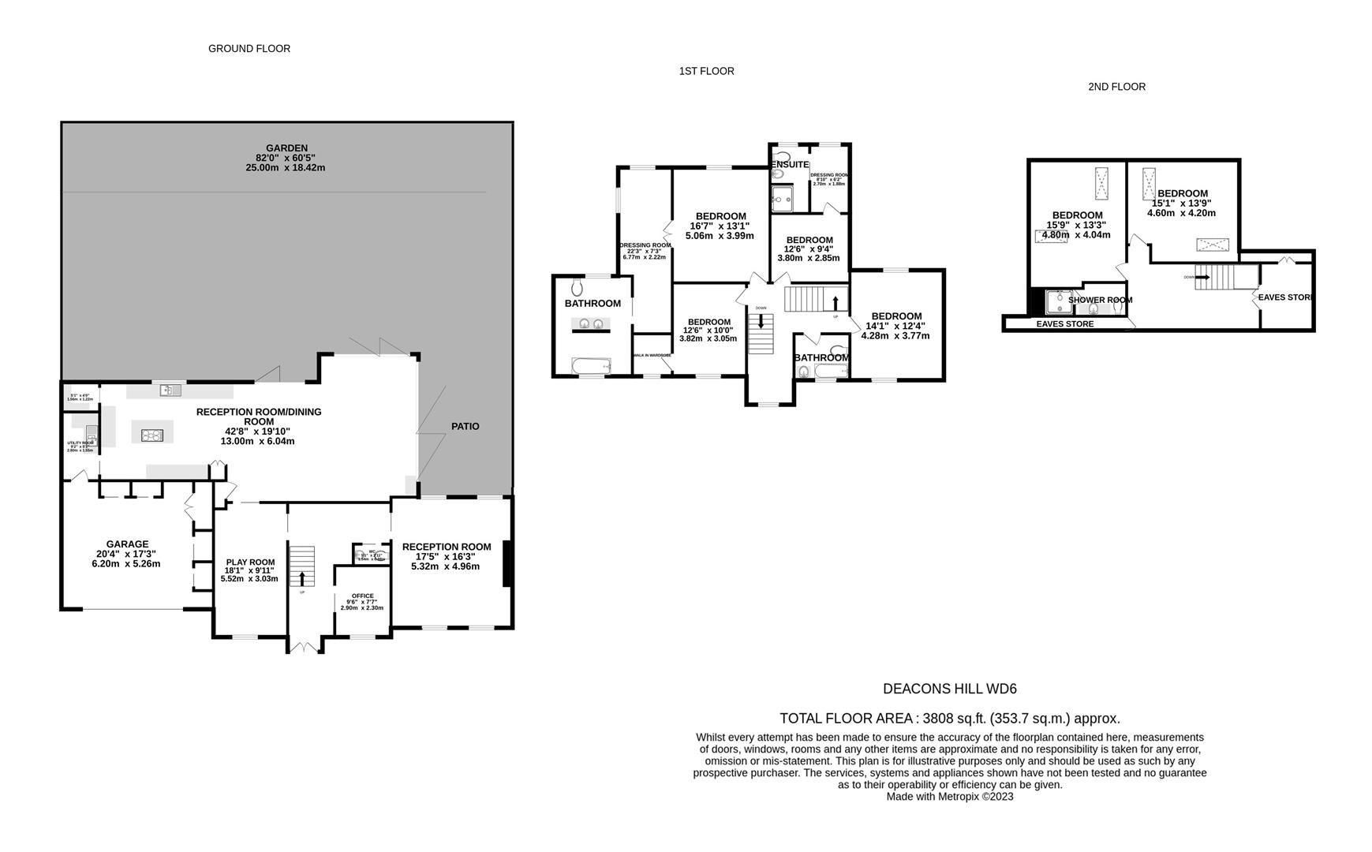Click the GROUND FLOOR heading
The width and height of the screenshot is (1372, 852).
(x=249, y=49)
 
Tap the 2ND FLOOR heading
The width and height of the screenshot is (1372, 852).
(x=1116, y=87)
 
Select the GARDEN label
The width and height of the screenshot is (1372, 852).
(x=286, y=148)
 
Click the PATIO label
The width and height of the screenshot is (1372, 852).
(x=465, y=426)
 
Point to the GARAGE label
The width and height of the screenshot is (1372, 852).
(x=127, y=544)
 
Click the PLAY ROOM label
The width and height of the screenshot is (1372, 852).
(x=249, y=562)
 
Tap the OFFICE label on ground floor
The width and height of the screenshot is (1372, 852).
(x=362, y=596)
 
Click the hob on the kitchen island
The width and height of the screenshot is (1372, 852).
(x=152, y=435)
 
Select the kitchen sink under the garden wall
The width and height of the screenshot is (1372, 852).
(x=169, y=390)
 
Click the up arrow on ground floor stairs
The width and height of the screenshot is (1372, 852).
(x=302, y=578)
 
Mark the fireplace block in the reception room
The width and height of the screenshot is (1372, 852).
(x=508, y=563)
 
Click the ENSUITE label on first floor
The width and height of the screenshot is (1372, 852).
(x=790, y=165)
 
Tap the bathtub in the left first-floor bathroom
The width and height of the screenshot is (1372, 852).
(x=591, y=366)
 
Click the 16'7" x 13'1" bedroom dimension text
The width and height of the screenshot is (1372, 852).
(x=720, y=226)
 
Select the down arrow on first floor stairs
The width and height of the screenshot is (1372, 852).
(x=761, y=320)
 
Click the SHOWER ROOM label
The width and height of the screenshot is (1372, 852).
(x=1100, y=300)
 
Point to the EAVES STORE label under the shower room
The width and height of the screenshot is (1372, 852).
(x=1064, y=324)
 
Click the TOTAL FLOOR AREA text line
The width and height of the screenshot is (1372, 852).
(x=949, y=719)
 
